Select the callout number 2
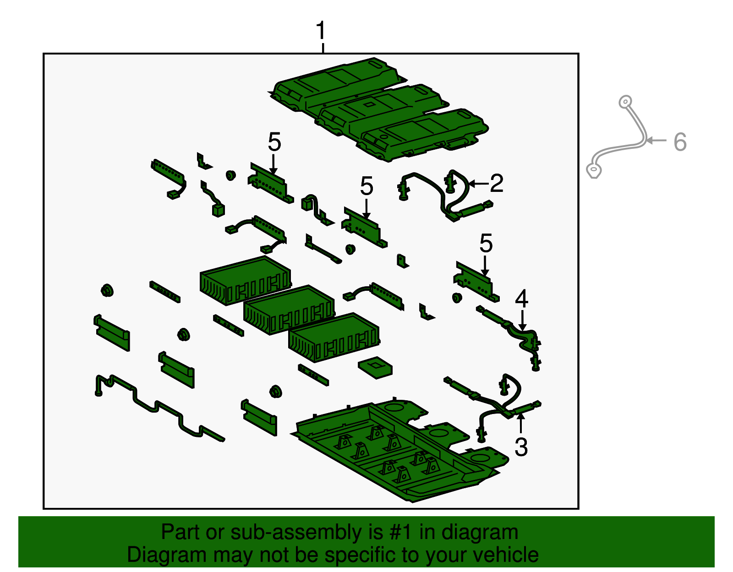coord(497,183)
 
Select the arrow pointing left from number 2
coord(479,184)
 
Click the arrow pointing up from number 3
coord(521,423)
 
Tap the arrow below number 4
coord(522,320)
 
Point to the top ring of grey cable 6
coord(625,102)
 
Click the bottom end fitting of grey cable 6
coord(594,171)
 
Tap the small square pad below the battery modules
coord(375,367)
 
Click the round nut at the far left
coord(107,290)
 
